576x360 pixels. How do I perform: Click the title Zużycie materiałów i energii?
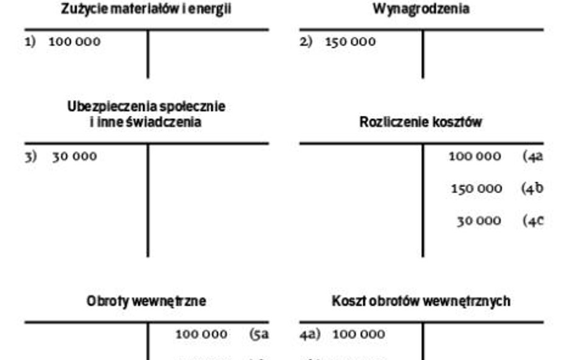tap(146, 9)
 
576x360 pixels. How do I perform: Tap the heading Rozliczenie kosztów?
tap(420, 122)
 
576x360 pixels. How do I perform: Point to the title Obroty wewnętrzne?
tap(146, 301)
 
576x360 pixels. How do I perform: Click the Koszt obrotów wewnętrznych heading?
tap(420, 301)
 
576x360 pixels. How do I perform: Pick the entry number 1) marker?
tap(30, 42)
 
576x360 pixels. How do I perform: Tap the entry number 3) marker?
tap(30, 157)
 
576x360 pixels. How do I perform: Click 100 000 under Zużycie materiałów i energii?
tap(75, 42)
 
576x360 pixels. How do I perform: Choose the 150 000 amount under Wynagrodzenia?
tap(351, 42)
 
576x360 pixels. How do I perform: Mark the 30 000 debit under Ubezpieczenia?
tap(74, 157)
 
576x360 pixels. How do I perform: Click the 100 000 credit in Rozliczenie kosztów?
tap(475, 157)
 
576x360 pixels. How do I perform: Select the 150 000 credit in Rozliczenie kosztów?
tap(476, 188)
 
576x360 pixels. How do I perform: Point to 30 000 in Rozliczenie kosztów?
tap(479, 220)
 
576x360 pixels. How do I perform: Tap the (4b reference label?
tap(532, 188)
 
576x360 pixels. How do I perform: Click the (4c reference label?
tap(532, 220)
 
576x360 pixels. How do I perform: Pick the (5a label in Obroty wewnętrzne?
tap(259, 334)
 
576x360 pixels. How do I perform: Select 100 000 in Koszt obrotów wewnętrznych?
tap(358, 334)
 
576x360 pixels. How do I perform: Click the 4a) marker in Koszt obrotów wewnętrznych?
tap(309, 334)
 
